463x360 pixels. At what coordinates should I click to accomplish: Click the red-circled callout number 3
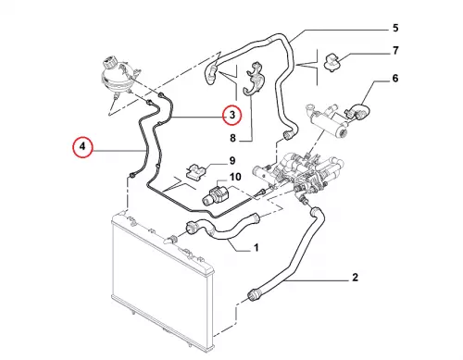click(x=232, y=115)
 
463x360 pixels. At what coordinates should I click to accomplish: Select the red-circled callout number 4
click(x=82, y=146)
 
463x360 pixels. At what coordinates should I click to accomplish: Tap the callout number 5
click(x=395, y=28)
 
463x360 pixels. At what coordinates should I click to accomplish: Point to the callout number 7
click(x=395, y=50)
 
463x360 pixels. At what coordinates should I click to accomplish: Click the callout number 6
click(x=395, y=79)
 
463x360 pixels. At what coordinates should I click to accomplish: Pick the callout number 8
click(x=232, y=138)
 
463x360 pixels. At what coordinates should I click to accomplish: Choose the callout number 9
click(x=232, y=161)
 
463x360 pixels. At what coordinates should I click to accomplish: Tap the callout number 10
click(x=235, y=177)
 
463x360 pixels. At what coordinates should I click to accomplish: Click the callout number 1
click(x=256, y=247)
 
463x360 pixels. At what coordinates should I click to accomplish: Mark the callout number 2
click(x=355, y=277)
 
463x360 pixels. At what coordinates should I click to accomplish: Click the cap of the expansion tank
click(x=109, y=63)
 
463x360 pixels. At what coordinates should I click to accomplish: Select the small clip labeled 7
click(x=332, y=63)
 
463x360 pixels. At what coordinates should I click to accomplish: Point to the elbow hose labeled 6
click(x=358, y=112)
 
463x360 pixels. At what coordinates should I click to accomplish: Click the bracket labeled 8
click(x=255, y=79)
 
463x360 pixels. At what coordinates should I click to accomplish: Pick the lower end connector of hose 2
click(x=253, y=294)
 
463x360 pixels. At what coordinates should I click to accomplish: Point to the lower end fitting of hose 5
click(x=288, y=135)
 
